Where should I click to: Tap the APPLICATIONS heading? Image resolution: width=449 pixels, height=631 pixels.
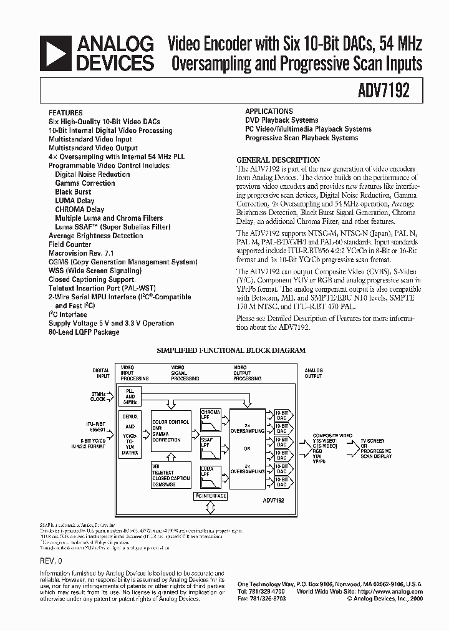269,111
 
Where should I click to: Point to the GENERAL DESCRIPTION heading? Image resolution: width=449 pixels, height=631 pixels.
278,160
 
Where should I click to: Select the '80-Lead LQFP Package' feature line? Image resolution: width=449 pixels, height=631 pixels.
84,332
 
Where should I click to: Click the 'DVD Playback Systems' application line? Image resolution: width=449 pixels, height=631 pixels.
281,120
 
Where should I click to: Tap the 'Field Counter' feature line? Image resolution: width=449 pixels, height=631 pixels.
70,245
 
